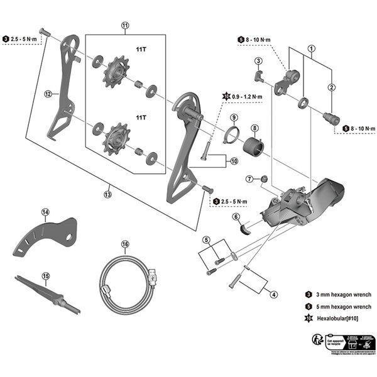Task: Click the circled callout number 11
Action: pos(125,26)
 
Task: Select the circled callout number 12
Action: pos(47,94)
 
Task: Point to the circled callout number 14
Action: pos(45,212)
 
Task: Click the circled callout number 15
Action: pos(45,275)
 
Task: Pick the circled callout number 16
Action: pos(125,244)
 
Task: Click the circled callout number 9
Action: pos(233,117)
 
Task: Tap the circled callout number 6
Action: pos(236,217)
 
